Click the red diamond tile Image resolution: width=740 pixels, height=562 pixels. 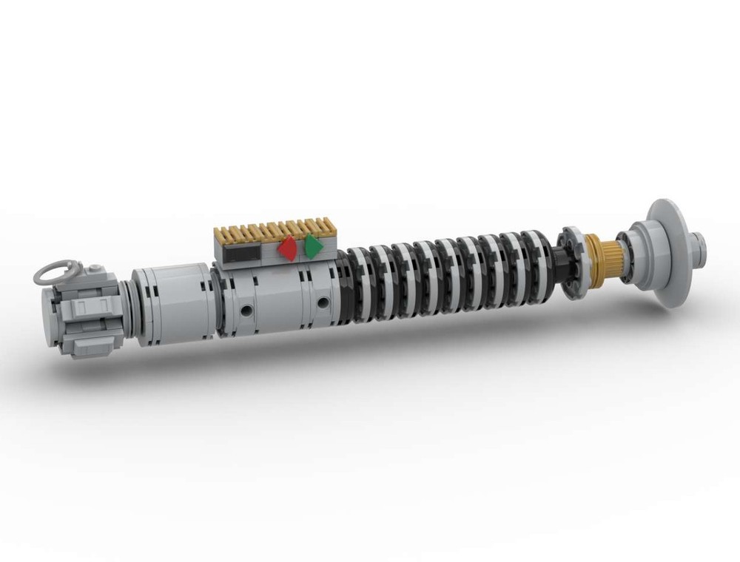(x=287, y=248)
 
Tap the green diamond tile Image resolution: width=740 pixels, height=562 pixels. (x=313, y=246)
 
